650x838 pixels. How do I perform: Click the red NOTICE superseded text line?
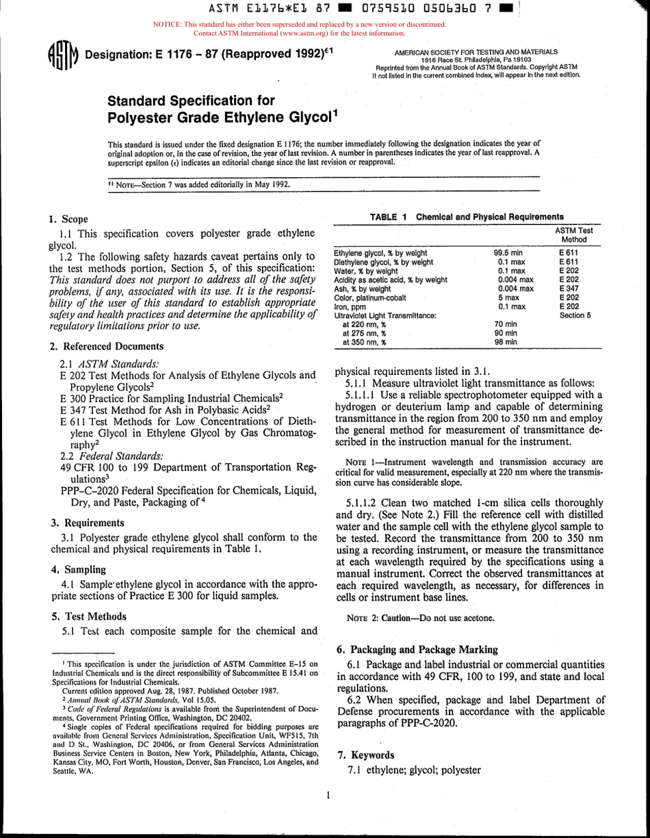(299, 25)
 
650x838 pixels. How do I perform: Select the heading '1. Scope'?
(68, 220)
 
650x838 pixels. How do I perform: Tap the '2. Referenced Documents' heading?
(106, 347)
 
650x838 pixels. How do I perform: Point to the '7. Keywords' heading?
(367, 755)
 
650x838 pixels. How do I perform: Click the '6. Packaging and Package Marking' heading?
(418, 650)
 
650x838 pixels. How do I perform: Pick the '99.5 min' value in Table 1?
(508, 253)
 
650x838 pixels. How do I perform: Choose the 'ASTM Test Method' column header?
(573, 235)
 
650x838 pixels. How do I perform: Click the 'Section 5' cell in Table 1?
(575, 315)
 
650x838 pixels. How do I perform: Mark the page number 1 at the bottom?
(329, 796)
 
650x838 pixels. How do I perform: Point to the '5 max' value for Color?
(508, 298)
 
